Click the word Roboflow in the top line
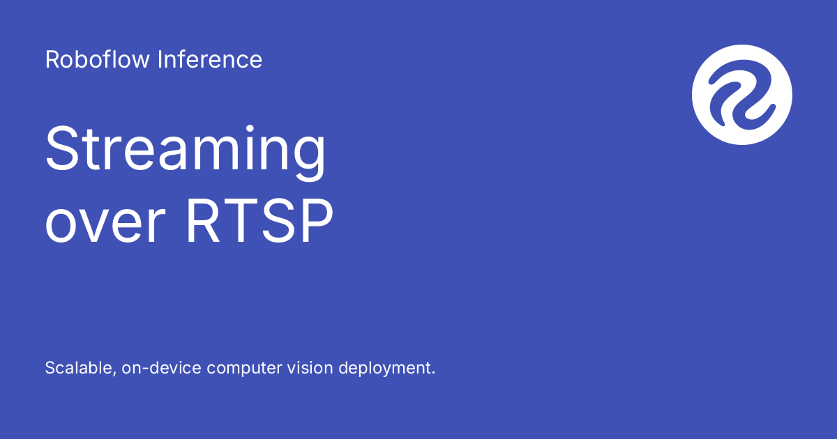(97, 59)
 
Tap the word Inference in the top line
(210, 59)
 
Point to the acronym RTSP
(259, 220)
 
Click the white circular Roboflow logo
(742, 95)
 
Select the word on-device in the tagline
(161, 368)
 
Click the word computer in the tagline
(244, 369)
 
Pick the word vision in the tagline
(310, 368)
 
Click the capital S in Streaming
(61, 148)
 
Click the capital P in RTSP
(317, 220)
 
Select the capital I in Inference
(160, 59)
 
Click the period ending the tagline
(433, 373)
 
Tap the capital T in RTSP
(240, 220)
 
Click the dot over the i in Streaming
(250, 129)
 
